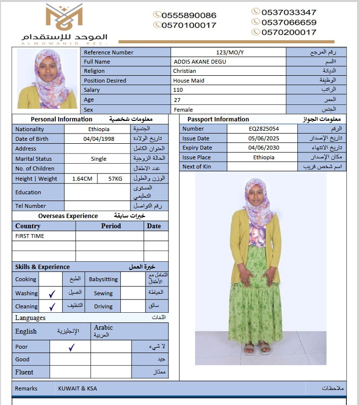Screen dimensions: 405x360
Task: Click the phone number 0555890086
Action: (x=189, y=16)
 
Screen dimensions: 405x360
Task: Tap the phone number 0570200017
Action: (x=289, y=33)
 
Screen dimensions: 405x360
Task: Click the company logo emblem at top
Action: (x=64, y=17)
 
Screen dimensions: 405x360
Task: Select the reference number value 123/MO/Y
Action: (x=229, y=52)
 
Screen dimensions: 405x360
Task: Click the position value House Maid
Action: (x=189, y=81)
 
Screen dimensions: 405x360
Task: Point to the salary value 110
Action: (x=178, y=90)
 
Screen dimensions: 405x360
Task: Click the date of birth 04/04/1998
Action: (x=99, y=139)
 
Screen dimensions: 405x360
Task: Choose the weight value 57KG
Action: (x=115, y=179)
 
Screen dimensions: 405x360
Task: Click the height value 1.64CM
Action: (x=82, y=179)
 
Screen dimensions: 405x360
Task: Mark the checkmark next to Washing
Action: (x=51, y=293)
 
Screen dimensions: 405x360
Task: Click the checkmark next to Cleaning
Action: (x=51, y=306)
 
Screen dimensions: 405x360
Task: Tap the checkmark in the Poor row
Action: (x=71, y=347)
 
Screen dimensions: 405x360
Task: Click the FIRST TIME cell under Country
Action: (x=30, y=236)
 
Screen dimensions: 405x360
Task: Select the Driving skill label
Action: (x=103, y=306)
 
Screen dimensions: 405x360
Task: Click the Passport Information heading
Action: (x=218, y=119)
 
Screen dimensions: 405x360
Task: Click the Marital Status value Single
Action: (x=98, y=159)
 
